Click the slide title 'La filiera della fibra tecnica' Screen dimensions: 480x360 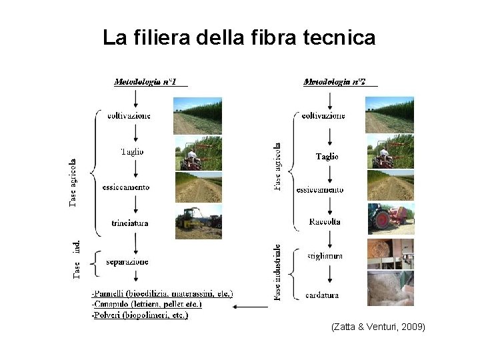click(239, 38)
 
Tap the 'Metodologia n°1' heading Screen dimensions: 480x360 click(145, 82)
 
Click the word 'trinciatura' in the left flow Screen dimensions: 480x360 click(130, 223)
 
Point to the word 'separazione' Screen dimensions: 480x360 click(127, 261)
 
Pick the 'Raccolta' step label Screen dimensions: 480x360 click(325, 221)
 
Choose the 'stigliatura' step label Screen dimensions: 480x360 click(325, 255)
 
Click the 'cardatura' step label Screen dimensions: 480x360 click(322, 295)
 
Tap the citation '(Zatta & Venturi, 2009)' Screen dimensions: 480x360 click(377, 327)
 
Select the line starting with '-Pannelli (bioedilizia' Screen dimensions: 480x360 click(162, 293)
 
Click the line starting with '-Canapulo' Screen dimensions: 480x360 click(146, 304)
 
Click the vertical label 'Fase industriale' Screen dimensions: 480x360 click(277, 272)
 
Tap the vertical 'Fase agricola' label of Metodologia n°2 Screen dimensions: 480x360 click(277, 165)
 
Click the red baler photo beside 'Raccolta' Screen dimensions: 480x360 click(390, 219)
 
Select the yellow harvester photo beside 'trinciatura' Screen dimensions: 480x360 click(198, 223)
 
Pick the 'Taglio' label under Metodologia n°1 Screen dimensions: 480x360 click(131, 152)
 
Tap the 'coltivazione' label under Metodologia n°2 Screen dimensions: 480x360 click(323, 116)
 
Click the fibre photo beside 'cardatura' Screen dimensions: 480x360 click(390, 289)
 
